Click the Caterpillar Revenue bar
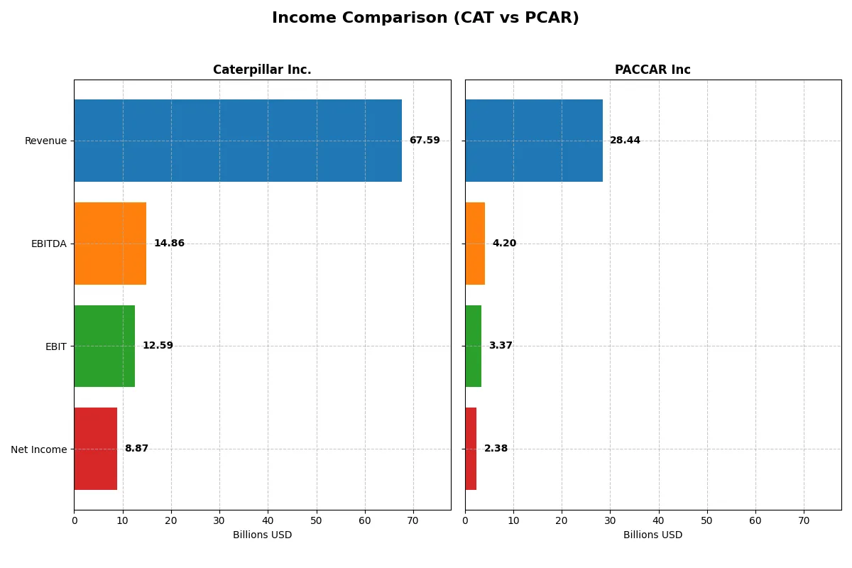pyautogui.click(x=238, y=141)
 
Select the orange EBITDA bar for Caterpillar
pyautogui.click(x=110, y=244)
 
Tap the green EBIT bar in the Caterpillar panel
pyautogui.click(x=104, y=346)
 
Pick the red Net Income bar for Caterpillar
pyautogui.click(x=96, y=449)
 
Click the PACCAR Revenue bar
pyautogui.click(x=534, y=141)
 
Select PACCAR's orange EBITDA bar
pyautogui.click(x=475, y=244)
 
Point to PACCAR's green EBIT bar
pyautogui.click(x=474, y=346)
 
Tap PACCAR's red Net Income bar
pyautogui.click(x=471, y=449)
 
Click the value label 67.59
pyautogui.click(x=425, y=141)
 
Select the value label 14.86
pyautogui.click(x=169, y=244)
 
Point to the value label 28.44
pyautogui.click(x=625, y=141)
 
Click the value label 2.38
pyautogui.click(x=496, y=449)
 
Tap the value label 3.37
pyautogui.click(x=501, y=346)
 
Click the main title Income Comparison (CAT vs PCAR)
pyautogui.click(x=425, y=18)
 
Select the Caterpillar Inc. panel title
pyautogui.click(x=262, y=70)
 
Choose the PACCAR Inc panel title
pyautogui.click(x=652, y=70)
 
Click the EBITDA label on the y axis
pyautogui.click(x=49, y=244)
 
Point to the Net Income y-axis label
pyautogui.click(x=39, y=449)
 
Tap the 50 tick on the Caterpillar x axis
pyautogui.click(x=317, y=520)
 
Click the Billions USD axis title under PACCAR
pyautogui.click(x=652, y=535)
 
